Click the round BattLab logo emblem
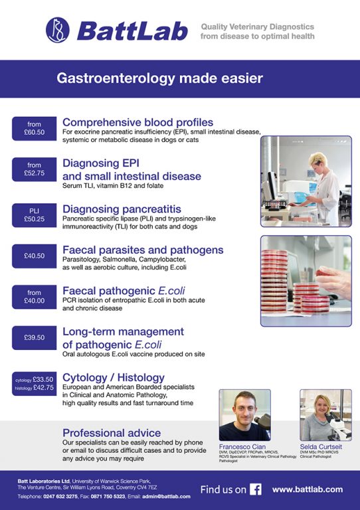click(x=57, y=29)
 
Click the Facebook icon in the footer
click(x=256, y=489)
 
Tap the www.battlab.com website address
click(x=307, y=489)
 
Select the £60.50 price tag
click(x=34, y=128)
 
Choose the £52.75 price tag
click(x=34, y=169)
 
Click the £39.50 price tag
click(x=34, y=337)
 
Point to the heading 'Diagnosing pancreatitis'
click(x=122, y=209)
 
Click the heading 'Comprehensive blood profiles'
click(x=137, y=122)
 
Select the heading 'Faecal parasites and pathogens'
click(x=143, y=250)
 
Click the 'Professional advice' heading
click(x=111, y=433)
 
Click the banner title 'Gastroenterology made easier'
click(x=160, y=78)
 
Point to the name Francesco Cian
click(x=243, y=447)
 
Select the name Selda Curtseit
click(x=324, y=447)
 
